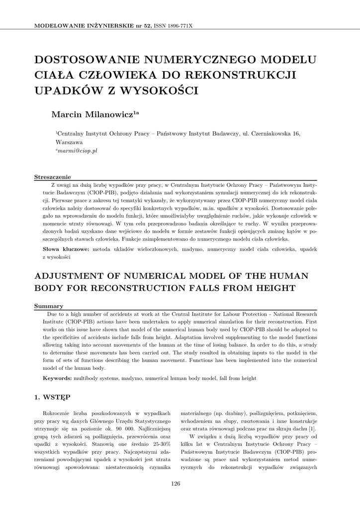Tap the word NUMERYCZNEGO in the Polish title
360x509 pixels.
pyautogui.click(x=198, y=61)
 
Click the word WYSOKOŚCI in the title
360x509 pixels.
pyautogui.click(x=156, y=91)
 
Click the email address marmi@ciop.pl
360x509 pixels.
pyautogui.click(x=77, y=150)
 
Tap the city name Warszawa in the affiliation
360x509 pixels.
pyautogui.click(x=69, y=142)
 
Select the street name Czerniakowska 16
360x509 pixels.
pyautogui.click(x=276, y=133)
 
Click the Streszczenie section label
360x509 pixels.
pyautogui.click(x=52, y=177)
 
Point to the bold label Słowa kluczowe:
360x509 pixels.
pyautogui.click(x=65, y=249)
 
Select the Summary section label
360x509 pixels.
pyautogui.click(x=48, y=306)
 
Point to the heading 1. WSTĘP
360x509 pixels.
pyautogui.click(x=52, y=397)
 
